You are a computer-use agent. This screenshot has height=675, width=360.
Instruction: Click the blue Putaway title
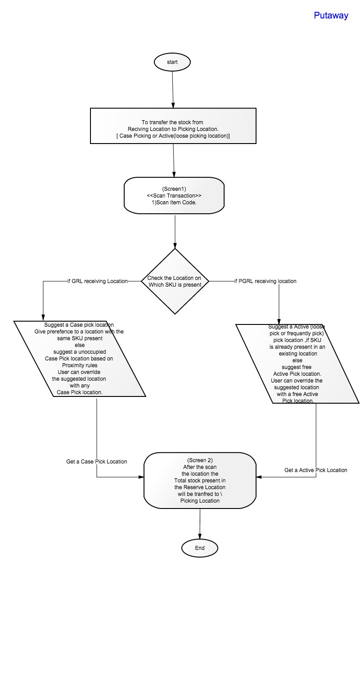click(331, 15)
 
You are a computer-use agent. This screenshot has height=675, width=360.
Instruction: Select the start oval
click(172, 62)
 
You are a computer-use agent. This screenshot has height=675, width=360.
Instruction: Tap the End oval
click(199, 548)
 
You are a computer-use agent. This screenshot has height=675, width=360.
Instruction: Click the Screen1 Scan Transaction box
click(174, 196)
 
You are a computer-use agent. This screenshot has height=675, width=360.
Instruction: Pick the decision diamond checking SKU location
click(175, 281)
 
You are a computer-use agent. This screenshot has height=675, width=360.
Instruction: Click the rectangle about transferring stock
click(173, 126)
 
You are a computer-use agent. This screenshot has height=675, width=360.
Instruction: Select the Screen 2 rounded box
click(200, 480)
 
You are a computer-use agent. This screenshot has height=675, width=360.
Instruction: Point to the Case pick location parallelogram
click(80, 359)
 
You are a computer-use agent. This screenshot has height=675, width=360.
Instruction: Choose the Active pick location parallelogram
click(297, 364)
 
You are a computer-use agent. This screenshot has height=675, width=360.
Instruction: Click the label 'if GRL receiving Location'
click(98, 281)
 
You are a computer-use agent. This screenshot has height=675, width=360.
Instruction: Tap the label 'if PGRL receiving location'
click(265, 281)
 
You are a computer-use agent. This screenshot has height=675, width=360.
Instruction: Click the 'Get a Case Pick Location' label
click(97, 462)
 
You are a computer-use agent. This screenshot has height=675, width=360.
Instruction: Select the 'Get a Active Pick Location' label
click(316, 470)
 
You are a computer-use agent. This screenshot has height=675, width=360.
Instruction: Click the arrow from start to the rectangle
click(173, 90)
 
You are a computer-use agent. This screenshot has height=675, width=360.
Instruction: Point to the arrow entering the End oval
click(200, 524)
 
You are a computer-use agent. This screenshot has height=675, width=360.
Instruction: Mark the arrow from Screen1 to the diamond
click(175, 231)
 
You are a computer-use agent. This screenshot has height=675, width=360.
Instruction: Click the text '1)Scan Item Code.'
click(174, 202)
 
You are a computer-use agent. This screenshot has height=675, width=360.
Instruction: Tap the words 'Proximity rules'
click(80, 365)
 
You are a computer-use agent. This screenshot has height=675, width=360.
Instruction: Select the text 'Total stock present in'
click(200, 480)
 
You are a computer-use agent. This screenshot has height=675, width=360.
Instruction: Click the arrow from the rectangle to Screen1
click(174, 160)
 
